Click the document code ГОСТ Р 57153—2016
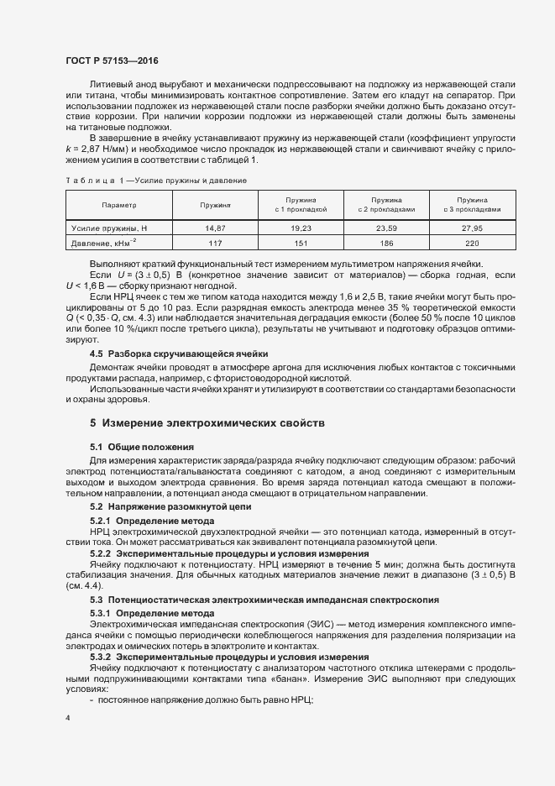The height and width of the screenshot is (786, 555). click(x=111, y=61)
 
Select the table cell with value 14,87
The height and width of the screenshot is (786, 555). click(x=216, y=228)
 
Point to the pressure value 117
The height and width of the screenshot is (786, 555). click(x=216, y=243)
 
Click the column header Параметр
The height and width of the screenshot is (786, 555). click(x=118, y=205)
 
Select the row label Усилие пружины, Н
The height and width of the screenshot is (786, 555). click(x=109, y=228)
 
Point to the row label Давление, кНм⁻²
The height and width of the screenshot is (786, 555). click(x=105, y=243)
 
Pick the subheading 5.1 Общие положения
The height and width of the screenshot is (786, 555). click(x=141, y=447)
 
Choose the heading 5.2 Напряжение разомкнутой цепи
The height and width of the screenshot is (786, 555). click(x=175, y=507)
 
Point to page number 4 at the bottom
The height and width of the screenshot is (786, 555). click(x=67, y=718)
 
